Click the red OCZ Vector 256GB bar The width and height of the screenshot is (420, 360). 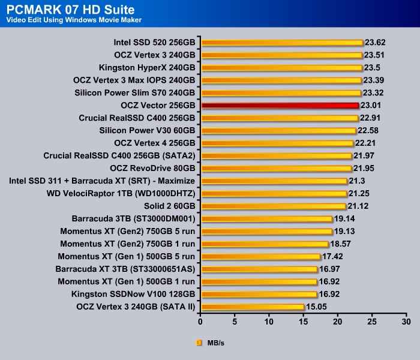tap(280, 106)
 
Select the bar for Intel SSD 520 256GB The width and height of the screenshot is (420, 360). tap(282, 43)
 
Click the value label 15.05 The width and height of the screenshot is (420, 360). tap(317, 307)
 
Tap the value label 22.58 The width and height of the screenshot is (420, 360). tap(368, 131)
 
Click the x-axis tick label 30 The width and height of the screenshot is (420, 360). tap(406, 322)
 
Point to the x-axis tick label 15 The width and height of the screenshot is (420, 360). tap(304, 322)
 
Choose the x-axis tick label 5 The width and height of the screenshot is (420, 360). tap(235, 322)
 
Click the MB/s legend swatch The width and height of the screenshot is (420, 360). tap(199, 343)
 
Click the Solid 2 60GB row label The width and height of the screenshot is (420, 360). tap(169, 206)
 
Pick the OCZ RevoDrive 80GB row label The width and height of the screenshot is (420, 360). tap(153, 169)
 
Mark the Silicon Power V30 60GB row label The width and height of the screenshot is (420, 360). tap(147, 131)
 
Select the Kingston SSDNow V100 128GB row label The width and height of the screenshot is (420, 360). tap(133, 295)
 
